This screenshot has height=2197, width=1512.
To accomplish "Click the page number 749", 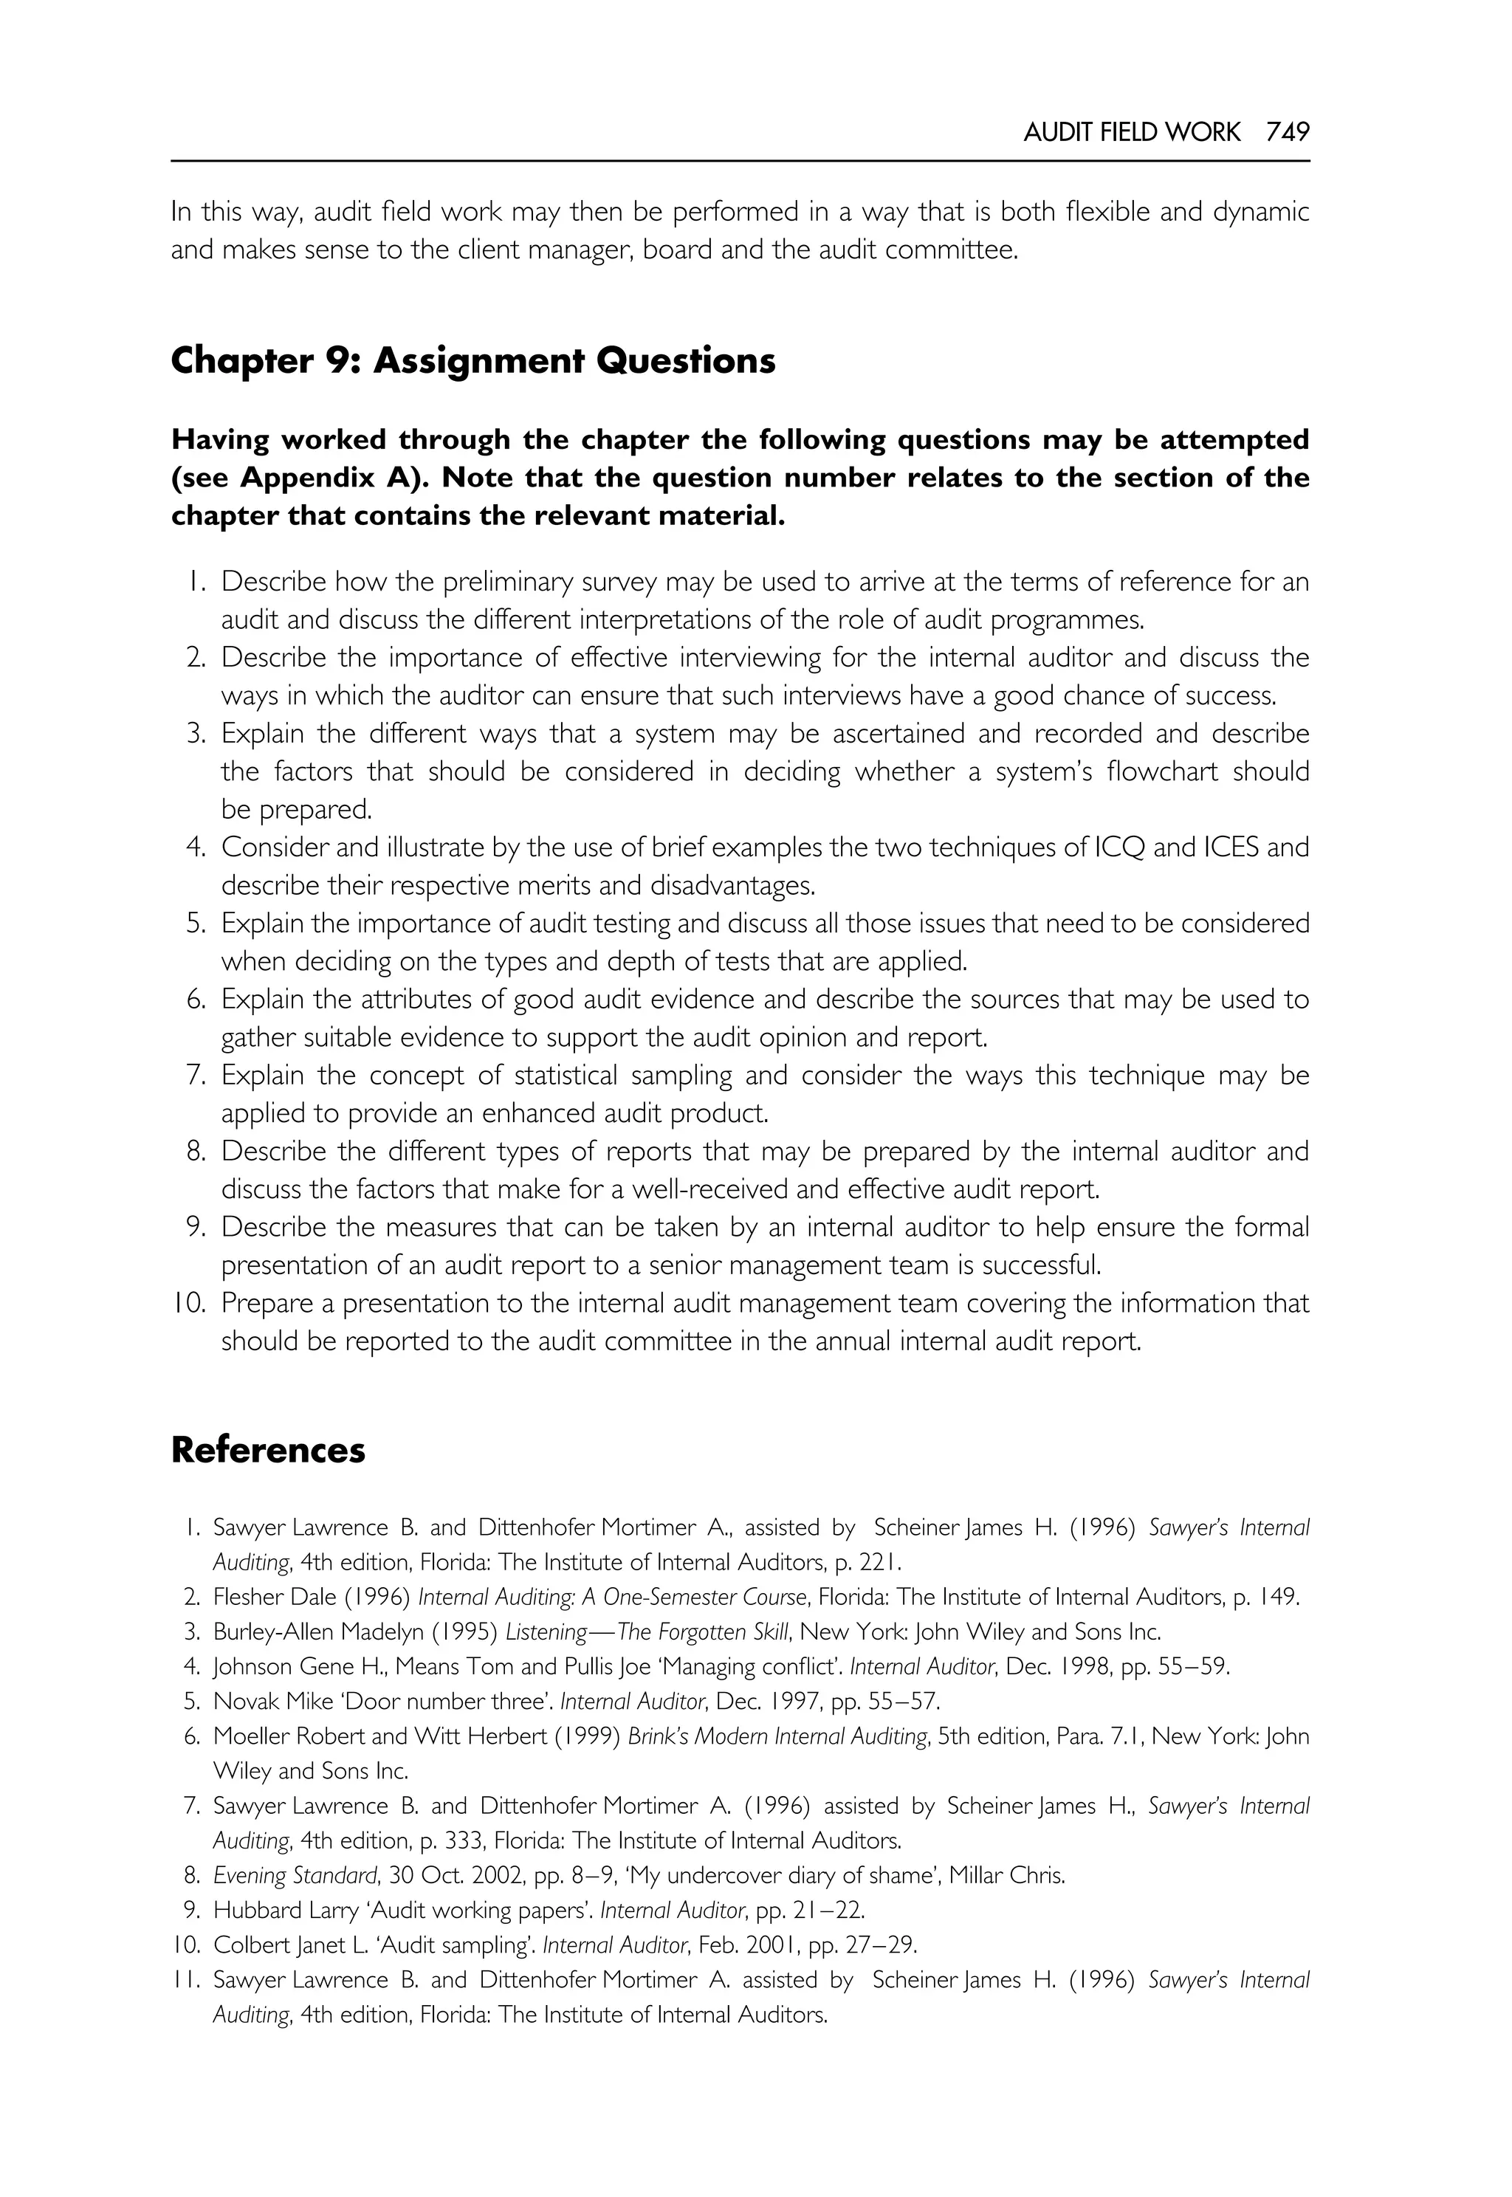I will pyautogui.click(x=1288, y=133).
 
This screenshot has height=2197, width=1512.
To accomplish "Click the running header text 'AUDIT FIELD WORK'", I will pyautogui.click(x=1131, y=133).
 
